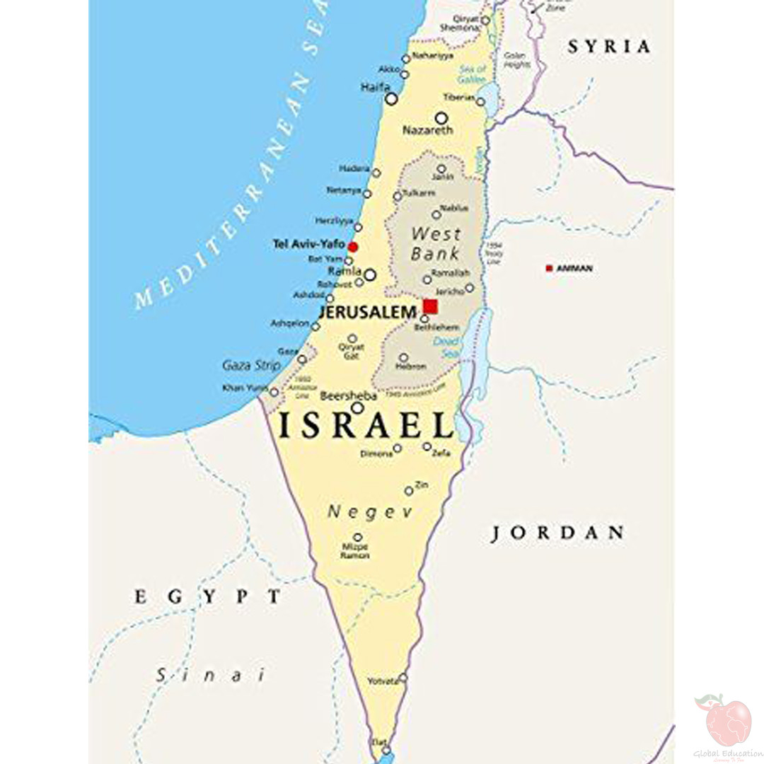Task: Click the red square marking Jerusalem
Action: click(430, 306)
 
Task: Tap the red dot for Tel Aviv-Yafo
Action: click(353, 246)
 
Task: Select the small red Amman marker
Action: click(549, 268)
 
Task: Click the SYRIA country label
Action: click(609, 47)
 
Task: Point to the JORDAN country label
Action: click(558, 533)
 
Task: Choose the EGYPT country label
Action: click(208, 597)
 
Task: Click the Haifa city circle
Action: click(391, 99)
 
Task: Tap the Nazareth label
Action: click(427, 131)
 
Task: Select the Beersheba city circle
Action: click(358, 408)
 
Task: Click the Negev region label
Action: click(369, 512)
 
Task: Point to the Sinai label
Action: click(211, 675)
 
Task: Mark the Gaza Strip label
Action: click(251, 366)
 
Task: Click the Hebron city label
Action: click(412, 366)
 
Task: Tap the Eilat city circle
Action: click(386, 751)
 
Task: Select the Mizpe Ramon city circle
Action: click(358, 538)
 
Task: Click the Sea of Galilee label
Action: click(473, 74)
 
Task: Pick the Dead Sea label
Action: click(446, 346)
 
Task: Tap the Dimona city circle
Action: click(398, 448)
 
